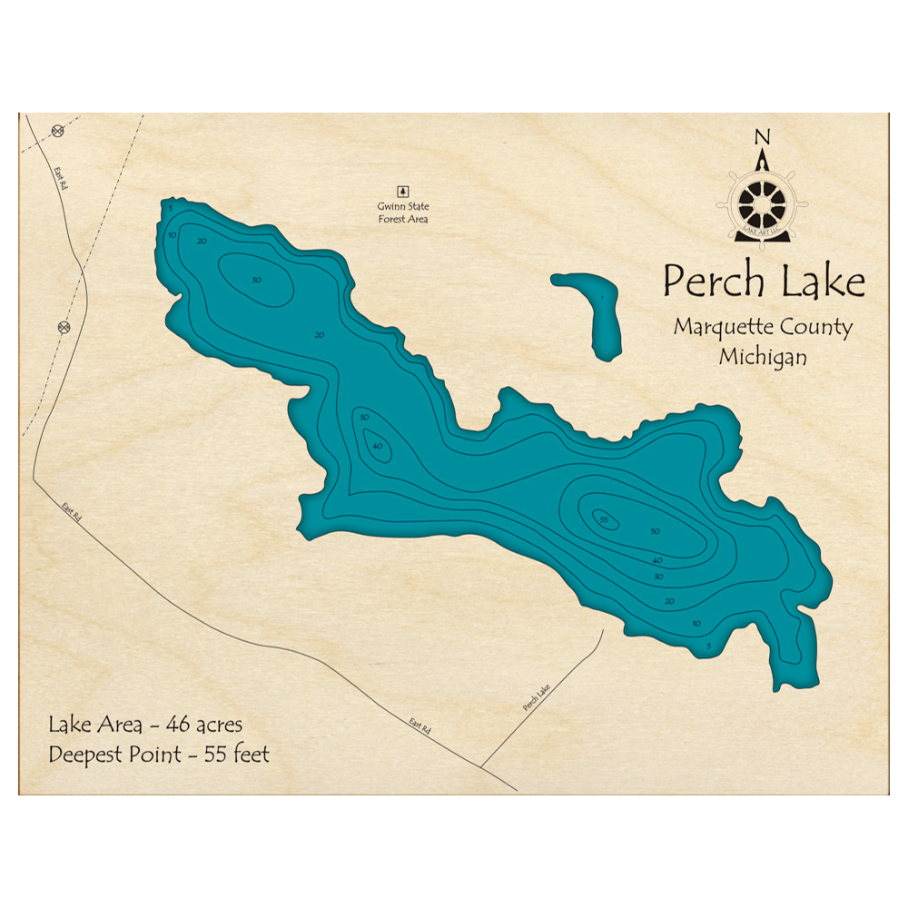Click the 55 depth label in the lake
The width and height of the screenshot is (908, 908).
pyautogui.click(x=604, y=519)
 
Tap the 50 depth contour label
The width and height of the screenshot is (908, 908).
pyautogui.click(x=655, y=531)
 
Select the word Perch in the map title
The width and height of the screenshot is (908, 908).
pyautogui.click(x=713, y=281)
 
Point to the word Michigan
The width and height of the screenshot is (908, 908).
pyautogui.click(x=763, y=357)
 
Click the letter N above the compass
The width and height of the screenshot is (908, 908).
pyautogui.click(x=762, y=137)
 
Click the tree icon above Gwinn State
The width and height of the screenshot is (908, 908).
pyautogui.click(x=404, y=191)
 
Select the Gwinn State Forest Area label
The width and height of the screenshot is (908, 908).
pyautogui.click(x=403, y=212)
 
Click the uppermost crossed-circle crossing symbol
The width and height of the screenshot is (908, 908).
pyautogui.click(x=57, y=130)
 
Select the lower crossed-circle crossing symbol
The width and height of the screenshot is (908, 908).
pyautogui.click(x=64, y=326)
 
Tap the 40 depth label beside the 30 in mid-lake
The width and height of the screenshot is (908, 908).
pyautogui.click(x=377, y=446)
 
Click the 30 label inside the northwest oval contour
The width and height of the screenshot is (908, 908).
pyautogui.click(x=256, y=280)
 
